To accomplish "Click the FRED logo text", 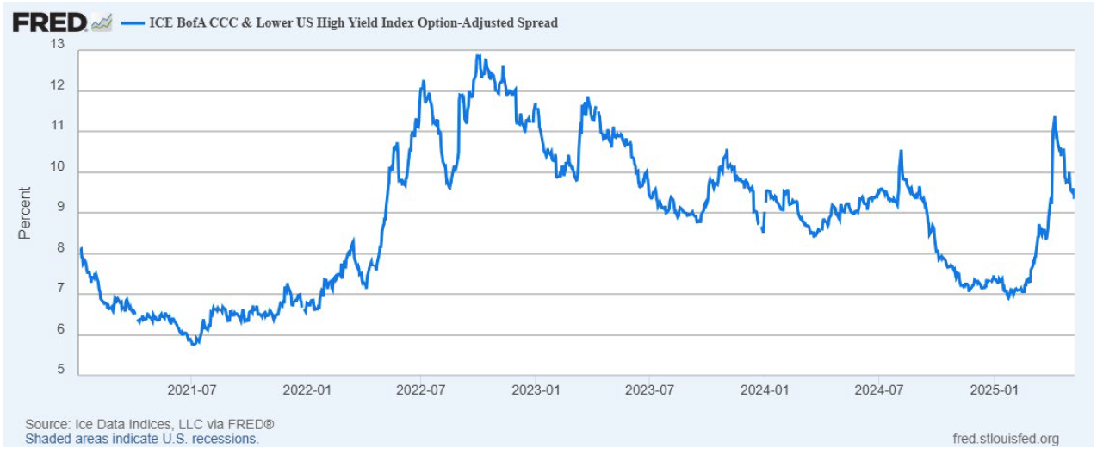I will pos(50,22).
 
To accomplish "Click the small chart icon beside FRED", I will pos(102,22).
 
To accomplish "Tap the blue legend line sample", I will pos(133,23).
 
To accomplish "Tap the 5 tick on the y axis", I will pos(59,371).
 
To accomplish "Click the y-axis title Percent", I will pos(25,212).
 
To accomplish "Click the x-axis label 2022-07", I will pos(420,390).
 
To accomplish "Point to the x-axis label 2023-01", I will pos(536,390).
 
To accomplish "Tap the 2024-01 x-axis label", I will pos(765,390).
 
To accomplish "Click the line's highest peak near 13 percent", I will pos(477,56).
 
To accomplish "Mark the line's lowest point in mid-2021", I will pos(194,344).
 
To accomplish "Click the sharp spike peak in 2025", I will pos(1054,118).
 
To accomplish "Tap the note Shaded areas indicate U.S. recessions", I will pos(141,439).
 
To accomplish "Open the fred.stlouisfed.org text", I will pos(1006,439).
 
